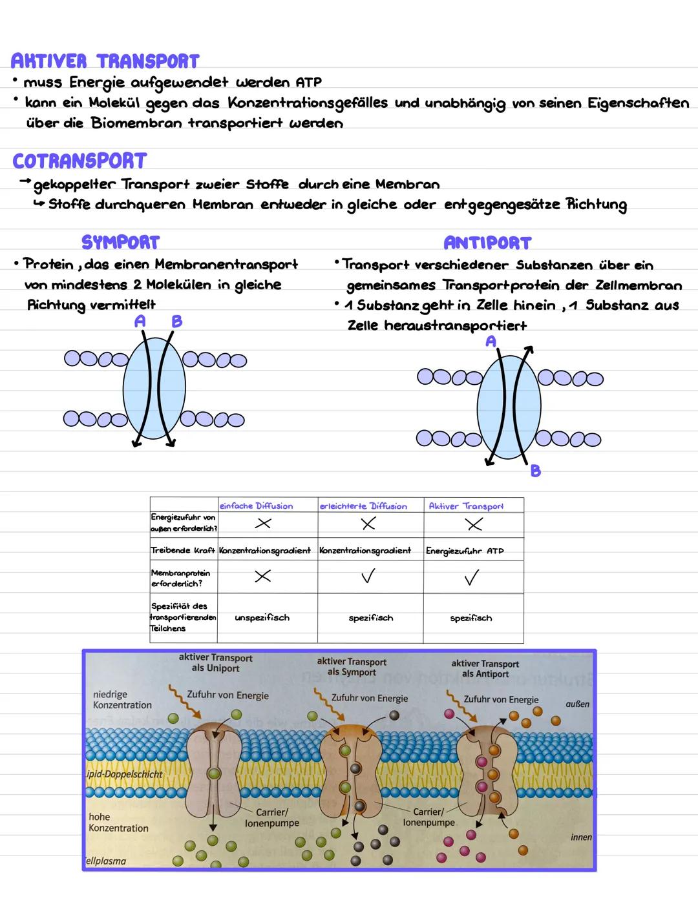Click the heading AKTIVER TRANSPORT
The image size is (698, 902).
point(105,61)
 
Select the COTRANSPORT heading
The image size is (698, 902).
point(79,161)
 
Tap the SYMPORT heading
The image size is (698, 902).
point(120,242)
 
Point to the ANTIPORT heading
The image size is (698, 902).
point(487,243)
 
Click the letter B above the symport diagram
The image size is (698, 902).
point(176,321)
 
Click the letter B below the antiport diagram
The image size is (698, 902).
point(535,471)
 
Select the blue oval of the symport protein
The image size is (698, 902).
point(154,388)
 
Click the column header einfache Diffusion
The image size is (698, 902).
point(256,506)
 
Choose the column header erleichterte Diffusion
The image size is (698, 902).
point(363,506)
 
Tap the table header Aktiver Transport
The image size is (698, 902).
point(466,506)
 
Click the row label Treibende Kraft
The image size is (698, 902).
point(182,551)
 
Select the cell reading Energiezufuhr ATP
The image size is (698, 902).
point(465,551)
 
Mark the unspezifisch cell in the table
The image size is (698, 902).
point(262,618)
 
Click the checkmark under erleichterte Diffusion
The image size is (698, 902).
point(368,576)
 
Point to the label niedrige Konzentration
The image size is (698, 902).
point(122,700)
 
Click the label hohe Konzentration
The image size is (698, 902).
point(118,822)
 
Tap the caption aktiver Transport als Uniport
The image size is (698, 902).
point(216,662)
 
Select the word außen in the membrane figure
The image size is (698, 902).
point(577,704)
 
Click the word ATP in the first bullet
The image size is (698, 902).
point(308,83)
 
